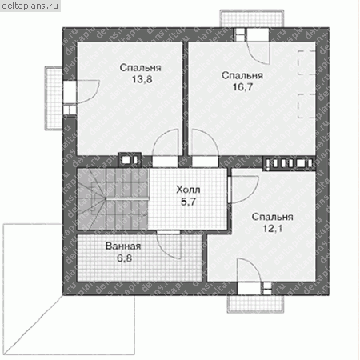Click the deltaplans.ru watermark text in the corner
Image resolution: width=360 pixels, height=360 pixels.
click(x=30, y=6)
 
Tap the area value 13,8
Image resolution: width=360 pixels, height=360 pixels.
click(x=142, y=79)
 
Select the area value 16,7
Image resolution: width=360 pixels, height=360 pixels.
click(x=242, y=87)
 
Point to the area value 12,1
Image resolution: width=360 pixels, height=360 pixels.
click(x=273, y=229)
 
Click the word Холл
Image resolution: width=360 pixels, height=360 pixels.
click(x=188, y=190)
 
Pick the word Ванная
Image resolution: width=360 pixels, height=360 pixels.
click(x=123, y=246)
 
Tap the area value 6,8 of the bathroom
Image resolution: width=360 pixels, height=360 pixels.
click(x=125, y=258)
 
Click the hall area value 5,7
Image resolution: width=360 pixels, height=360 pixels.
click(x=188, y=202)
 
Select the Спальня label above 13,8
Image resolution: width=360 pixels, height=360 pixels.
click(x=141, y=68)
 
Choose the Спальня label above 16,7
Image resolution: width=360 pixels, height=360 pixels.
click(x=242, y=75)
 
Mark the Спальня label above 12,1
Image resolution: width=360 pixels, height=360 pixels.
click(x=273, y=217)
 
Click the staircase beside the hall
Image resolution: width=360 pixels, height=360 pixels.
click(x=113, y=198)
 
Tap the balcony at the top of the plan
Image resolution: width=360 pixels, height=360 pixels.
click(x=252, y=18)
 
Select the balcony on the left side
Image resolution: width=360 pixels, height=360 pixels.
click(x=54, y=98)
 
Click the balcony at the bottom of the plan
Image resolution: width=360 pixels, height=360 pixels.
click(x=255, y=304)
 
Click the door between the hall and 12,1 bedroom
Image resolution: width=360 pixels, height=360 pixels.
click(x=244, y=190)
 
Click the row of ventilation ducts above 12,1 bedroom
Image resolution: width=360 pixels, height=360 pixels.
click(x=290, y=163)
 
